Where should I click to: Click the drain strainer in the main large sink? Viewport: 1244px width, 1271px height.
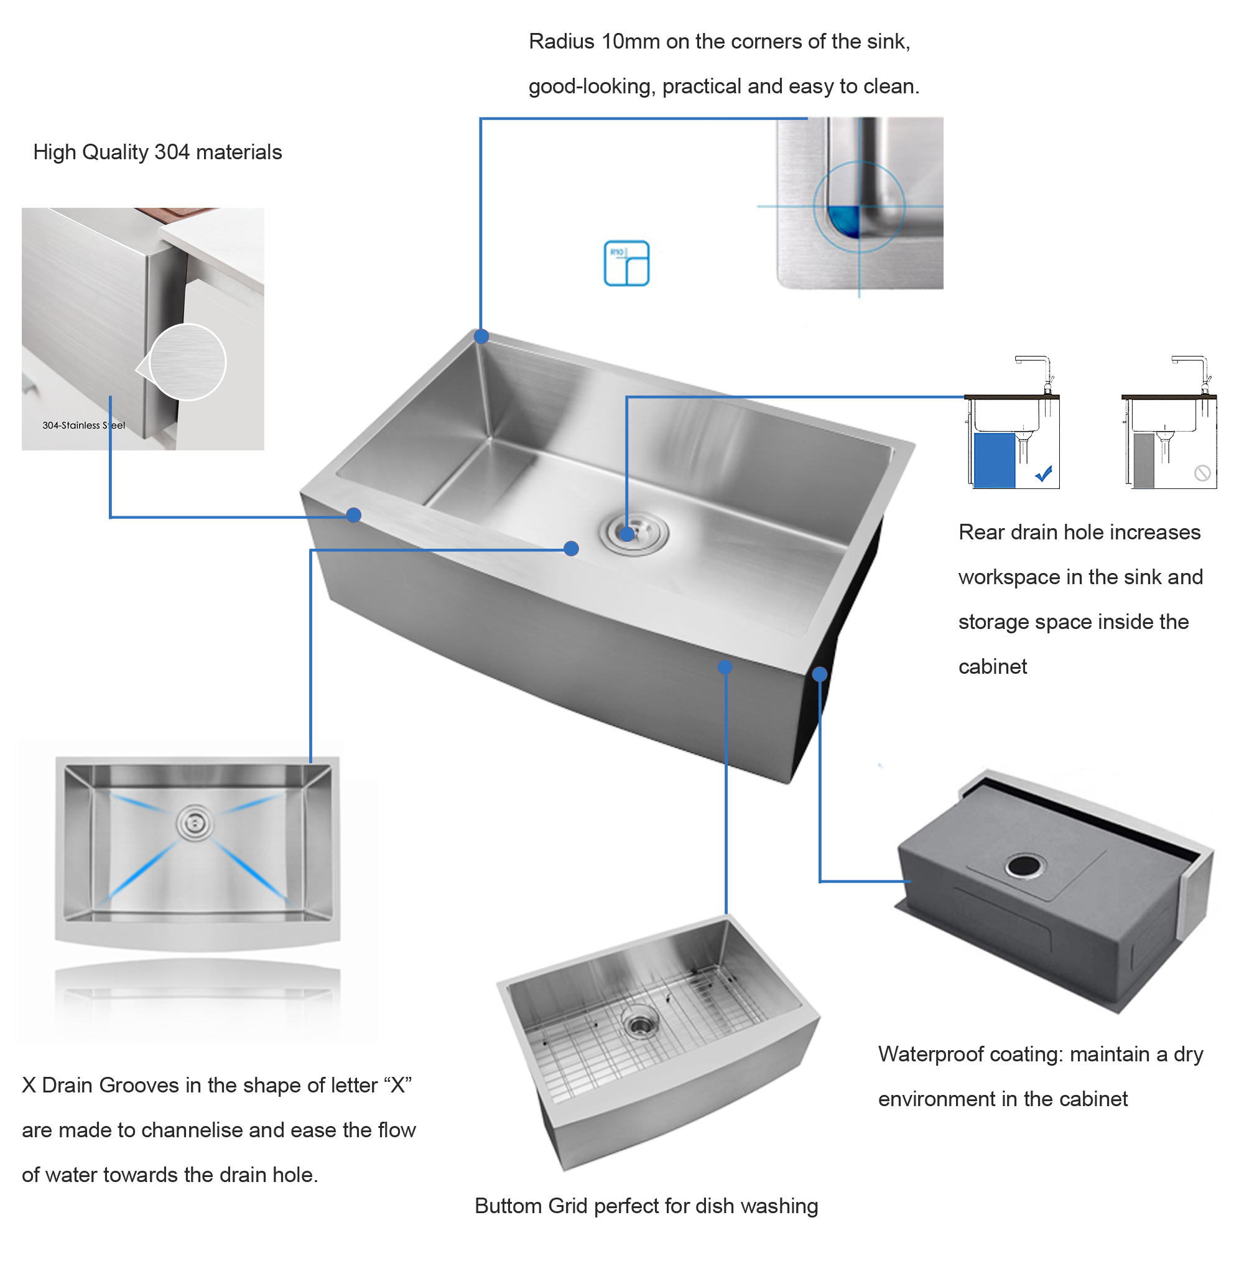[x=633, y=533]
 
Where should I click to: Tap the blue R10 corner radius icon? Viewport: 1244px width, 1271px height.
[x=626, y=263]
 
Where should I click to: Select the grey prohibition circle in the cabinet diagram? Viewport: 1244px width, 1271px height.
[x=1202, y=473]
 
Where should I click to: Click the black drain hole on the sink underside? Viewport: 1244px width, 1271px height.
[x=1023, y=866]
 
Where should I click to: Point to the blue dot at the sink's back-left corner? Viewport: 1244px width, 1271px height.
[x=481, y=336]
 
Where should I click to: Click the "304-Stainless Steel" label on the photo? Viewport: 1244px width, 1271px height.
[x=83, y=426]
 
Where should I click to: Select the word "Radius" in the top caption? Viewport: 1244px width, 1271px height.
[x=561, y=42]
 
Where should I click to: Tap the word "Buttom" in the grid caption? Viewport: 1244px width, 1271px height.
[x=508, y=1206]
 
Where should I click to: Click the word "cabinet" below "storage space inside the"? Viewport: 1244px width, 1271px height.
[x=993, y=666]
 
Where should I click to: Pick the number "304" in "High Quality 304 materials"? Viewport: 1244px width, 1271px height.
[x=172, y=152]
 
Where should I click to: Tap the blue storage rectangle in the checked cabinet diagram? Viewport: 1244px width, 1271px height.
[x=995, y=461]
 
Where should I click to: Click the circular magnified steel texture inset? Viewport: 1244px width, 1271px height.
[x=187, y=361]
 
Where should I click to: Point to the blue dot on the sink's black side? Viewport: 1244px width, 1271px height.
[x=820, y=674]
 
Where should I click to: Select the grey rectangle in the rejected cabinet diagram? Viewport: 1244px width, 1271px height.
[x=1143, y=461]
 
